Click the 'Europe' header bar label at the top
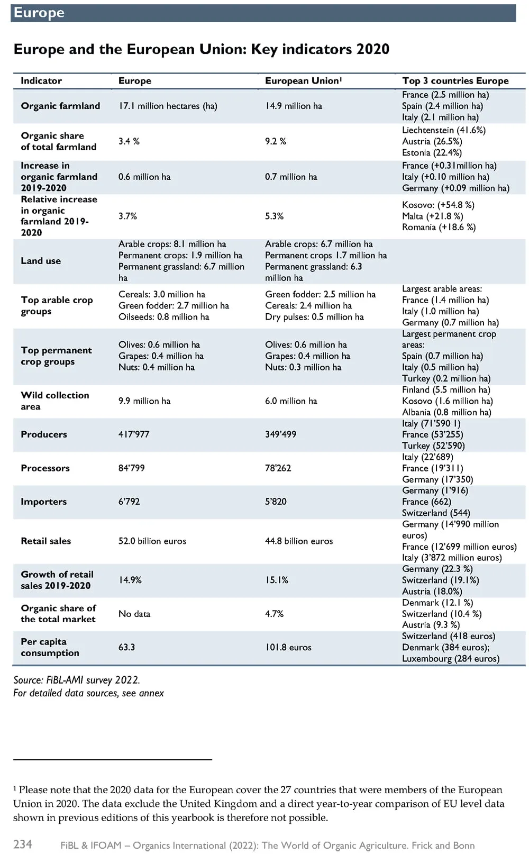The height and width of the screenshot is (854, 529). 39,13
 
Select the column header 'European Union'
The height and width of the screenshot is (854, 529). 303,81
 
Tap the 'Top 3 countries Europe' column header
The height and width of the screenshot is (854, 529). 455,81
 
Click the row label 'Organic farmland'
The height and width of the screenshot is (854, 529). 60,106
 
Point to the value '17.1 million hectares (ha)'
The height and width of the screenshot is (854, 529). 168,106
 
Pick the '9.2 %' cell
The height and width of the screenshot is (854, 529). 276,141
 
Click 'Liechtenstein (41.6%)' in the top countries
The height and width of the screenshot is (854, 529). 444,130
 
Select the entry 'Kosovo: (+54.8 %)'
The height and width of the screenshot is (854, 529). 439,205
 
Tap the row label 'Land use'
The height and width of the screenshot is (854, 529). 41,261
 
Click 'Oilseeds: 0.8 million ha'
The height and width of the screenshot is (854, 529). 164,317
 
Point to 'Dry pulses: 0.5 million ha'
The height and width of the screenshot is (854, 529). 314,317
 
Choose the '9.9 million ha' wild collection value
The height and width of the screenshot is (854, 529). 144,401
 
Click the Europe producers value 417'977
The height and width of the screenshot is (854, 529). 134,434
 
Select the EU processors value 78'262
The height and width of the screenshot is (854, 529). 278,468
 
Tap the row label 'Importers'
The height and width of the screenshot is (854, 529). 44,502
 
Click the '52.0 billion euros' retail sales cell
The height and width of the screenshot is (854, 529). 152,541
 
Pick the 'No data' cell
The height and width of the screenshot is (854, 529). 134,614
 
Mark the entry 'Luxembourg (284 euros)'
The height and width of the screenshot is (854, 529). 451,659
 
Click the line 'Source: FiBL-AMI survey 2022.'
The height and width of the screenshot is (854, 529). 77,680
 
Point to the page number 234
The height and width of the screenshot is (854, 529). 23,844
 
